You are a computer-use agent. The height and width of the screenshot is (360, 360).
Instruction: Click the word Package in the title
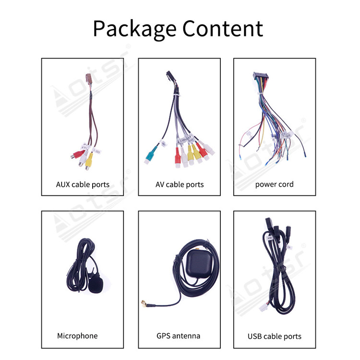[135, 29]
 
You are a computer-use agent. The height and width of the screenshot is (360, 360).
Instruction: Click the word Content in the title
[223, 28]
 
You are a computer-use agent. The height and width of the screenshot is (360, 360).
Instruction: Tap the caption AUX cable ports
[83, 185]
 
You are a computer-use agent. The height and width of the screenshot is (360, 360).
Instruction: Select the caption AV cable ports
[180, 185]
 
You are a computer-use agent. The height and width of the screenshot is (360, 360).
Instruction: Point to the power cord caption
[275, 184]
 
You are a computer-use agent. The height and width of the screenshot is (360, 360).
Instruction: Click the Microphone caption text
[77, 336]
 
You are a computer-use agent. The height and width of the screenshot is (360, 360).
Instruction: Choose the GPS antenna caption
[179, 336]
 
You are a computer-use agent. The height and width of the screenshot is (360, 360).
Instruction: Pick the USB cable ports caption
[275, 336]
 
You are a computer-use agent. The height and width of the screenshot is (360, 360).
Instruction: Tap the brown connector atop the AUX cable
[88, 78]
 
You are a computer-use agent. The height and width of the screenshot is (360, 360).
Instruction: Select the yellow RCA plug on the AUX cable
[89, 161]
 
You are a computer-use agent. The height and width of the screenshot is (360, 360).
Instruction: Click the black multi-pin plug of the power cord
[260, 76]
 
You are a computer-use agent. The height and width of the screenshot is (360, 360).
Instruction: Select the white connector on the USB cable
[264, 307]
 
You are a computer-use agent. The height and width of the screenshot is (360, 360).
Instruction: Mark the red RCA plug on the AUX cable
[77, 155]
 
